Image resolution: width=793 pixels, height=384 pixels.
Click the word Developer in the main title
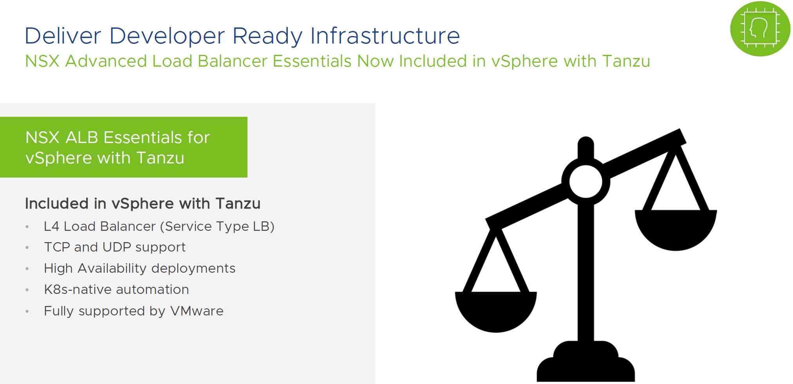(x=167, y=36)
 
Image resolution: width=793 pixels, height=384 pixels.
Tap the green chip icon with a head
(x=760, y=29)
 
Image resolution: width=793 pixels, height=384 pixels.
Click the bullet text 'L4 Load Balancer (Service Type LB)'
(x=159, y=226)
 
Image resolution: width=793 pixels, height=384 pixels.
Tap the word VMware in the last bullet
(x=197, y=311)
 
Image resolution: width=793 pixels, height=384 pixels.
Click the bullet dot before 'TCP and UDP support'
(x=27, y=248)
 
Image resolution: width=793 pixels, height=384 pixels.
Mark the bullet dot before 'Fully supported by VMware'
(x=27, y=312)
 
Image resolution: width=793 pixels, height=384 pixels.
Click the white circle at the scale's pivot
(x=585, y=181)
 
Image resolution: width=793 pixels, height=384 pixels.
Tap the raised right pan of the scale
(x=676, y=229)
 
